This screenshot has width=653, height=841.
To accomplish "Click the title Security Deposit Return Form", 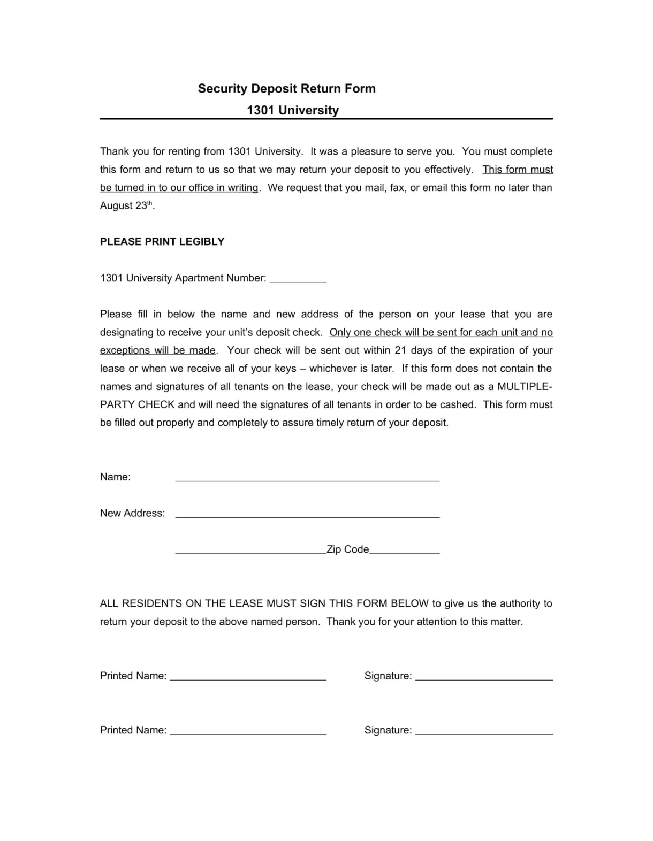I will point(286,89).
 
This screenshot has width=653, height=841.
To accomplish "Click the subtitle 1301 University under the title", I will point(293,111).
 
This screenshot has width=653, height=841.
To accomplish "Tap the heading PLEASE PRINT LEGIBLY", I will point(162,242).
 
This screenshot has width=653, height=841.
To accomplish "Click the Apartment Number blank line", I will point(298,280).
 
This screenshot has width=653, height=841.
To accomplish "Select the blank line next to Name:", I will point(307,479).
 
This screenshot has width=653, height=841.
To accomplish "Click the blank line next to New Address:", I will point(307,515).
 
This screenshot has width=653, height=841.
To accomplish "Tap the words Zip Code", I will point(347,549).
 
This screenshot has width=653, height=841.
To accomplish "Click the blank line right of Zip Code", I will point(404,552).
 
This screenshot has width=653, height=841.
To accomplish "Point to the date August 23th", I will point(126,205).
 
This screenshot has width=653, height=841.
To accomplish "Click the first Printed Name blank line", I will point(248,678).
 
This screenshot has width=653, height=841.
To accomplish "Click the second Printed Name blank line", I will point(248,732).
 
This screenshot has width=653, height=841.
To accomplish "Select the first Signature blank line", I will point(484,678).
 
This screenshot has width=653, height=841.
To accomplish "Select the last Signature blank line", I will point(484,732).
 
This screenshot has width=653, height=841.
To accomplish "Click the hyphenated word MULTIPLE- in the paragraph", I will point(525,387).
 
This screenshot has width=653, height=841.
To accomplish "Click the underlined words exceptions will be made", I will point(158,350).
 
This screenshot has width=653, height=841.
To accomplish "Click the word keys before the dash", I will point(285,369).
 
